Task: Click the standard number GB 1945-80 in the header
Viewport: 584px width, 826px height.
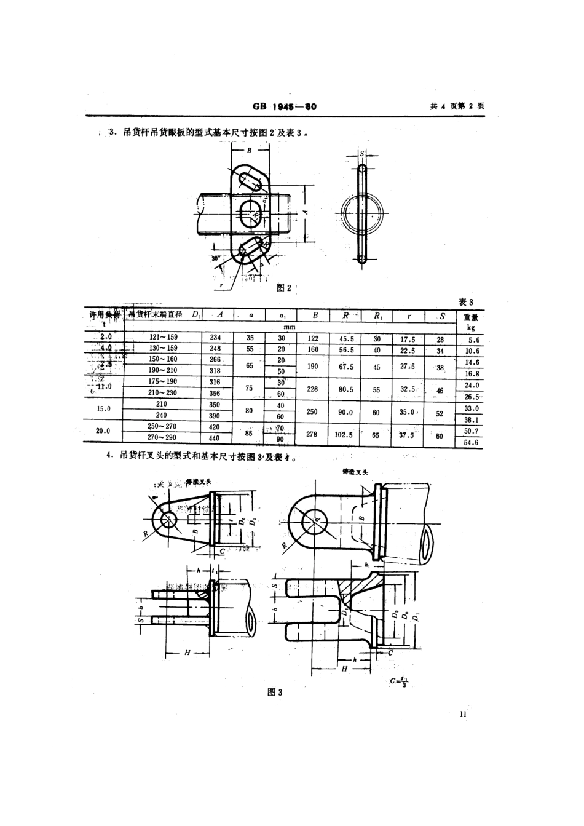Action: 284,106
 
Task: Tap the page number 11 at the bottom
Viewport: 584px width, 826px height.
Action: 463,714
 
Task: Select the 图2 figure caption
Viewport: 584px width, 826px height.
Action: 284,288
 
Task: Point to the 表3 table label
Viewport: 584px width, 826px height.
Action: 467,302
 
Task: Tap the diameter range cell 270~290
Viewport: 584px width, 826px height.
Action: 162,437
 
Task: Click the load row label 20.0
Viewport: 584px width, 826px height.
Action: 103,431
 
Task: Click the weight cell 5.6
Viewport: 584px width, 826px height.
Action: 473,340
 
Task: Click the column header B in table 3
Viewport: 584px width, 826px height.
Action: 315,315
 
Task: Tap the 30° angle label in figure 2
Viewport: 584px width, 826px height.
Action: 215,259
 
